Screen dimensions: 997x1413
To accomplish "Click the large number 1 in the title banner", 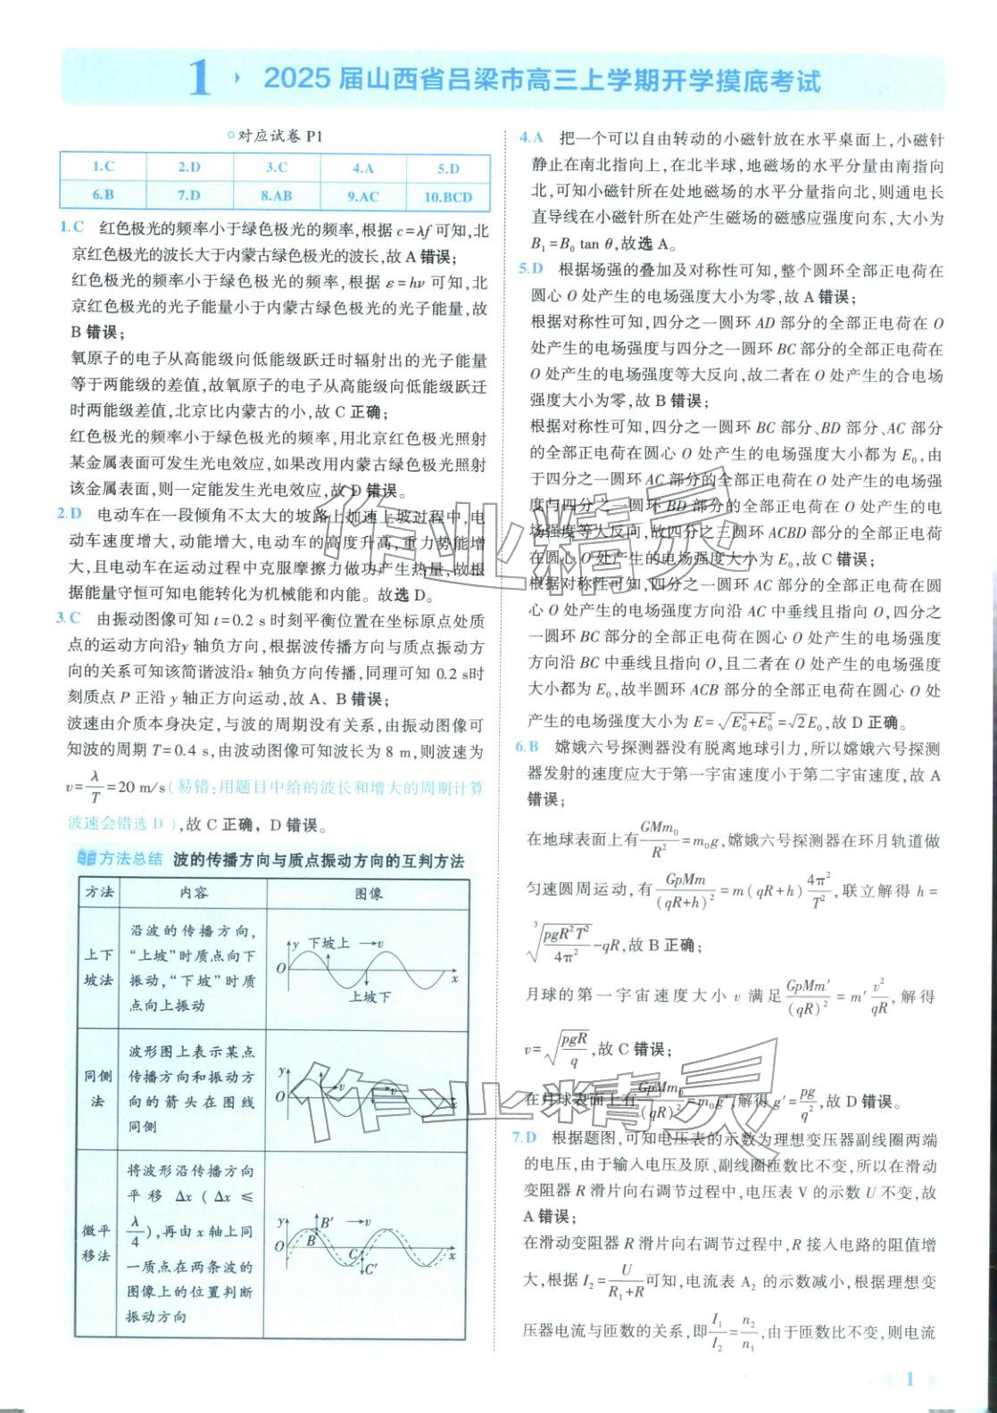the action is click(x=199, y=80).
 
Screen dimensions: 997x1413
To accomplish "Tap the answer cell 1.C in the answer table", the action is click(x=103, y=166).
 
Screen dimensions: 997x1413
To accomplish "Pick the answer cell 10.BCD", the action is click(x=448, y=196).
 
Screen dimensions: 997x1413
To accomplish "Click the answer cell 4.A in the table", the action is click(x=362, y=167).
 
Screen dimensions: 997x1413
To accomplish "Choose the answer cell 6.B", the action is click(x=103, y=194).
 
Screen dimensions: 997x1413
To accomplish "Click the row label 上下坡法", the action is click(x=98, y=967).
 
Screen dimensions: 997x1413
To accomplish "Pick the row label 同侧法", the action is click(x=98, y=1088).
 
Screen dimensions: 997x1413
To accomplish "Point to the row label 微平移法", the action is click(x=98, y=1243).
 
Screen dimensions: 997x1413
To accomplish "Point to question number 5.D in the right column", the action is click(x=532, y=269).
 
